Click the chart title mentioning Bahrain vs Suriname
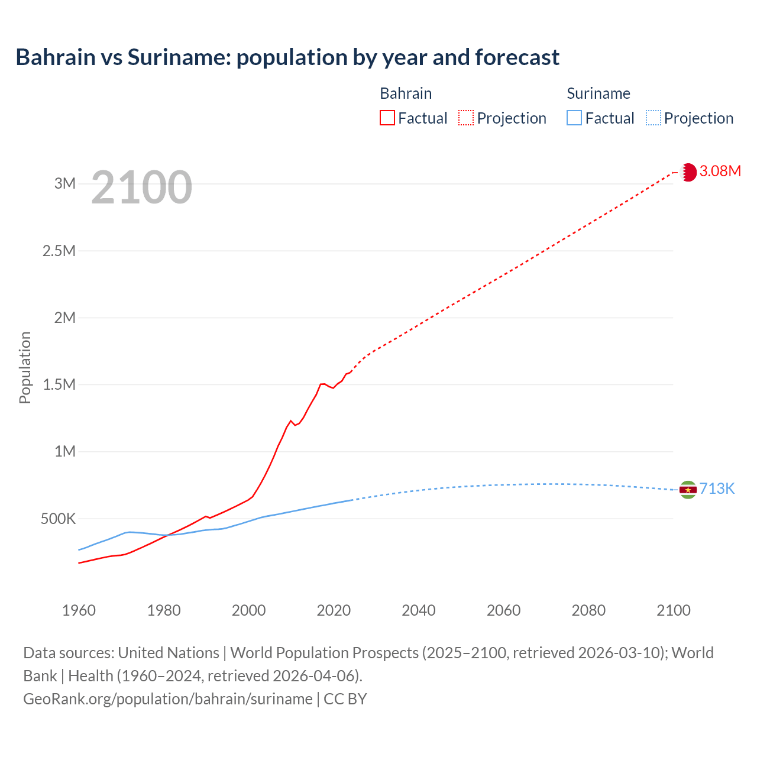[287, 57]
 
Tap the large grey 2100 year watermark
[141, 187]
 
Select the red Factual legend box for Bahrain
[387, 118]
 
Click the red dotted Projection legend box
[466, 118]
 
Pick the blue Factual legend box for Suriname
[574, 118]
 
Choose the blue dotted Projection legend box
[654, 118]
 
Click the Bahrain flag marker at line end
[688, 172]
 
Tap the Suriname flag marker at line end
[688, 490]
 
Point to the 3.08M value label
[720, 172]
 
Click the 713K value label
[717, 489]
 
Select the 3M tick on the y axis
[65, 183]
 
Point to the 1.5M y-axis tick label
[59, 385]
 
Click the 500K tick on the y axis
[58, 519]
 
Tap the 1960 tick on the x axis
[79, 610]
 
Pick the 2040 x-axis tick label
[419, 610]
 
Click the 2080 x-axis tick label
[588, 610]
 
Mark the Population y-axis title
[25, 367]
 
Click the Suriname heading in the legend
[599, 93]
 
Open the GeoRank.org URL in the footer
[167, 699]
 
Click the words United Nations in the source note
[169, 653]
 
